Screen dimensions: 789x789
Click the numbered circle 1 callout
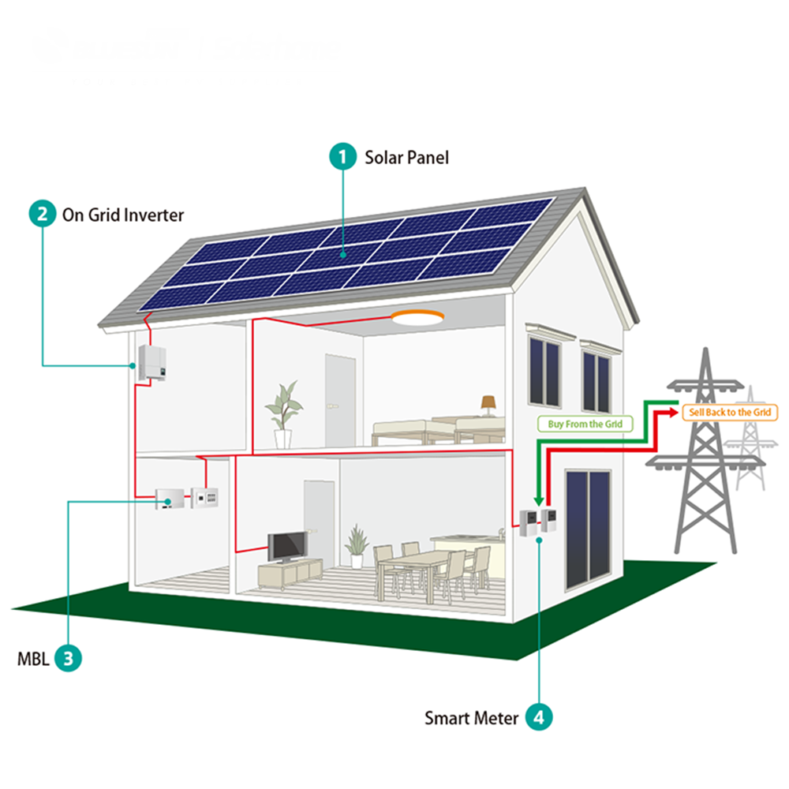[x=342, y=157]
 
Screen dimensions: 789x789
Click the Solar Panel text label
[x=406, y=158]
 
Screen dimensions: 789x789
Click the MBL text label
[x=33, y=659]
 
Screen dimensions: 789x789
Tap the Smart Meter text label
[x=472, y=718]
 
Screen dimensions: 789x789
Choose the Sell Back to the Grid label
[x=729, y=413]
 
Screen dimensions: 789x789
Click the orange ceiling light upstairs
[x=417, y=316]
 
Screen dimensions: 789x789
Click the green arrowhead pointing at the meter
[x=538, y=499]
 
